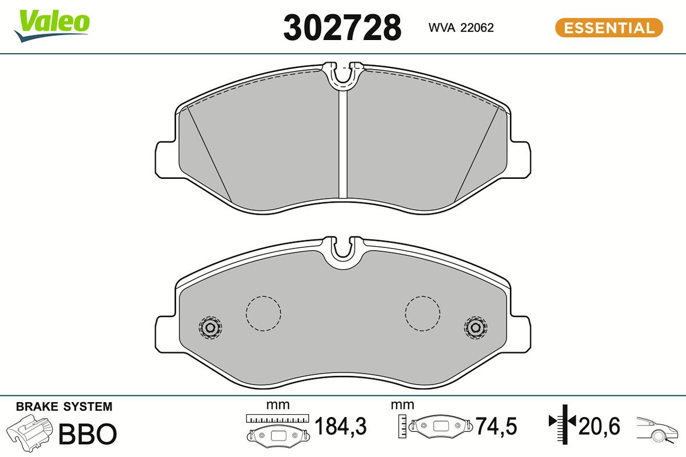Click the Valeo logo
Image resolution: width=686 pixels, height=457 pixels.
tap(52, 26)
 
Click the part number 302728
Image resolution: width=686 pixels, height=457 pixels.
tap(342, 28)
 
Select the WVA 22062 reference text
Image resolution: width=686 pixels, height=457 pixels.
tap(461, 28)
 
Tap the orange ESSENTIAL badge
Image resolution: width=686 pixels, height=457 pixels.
tap(609, 28)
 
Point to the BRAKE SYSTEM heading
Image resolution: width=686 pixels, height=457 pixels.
tap(64, 407)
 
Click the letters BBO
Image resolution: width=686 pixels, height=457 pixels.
tap(87, 434)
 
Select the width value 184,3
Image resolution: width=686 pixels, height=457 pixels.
tap(340, 426)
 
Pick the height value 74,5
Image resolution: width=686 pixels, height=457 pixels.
tap(496, 426)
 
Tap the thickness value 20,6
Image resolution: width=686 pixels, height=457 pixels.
tap(599, 426)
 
